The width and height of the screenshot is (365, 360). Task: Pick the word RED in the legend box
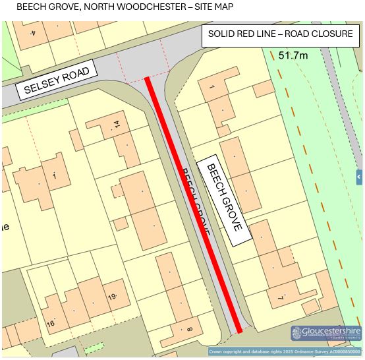(x=250, y=34)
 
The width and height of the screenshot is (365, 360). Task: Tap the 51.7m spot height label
(x=293, y=55)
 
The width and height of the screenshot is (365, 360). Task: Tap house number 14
(x=117, y=123)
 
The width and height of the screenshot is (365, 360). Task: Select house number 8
(x=190, y=329)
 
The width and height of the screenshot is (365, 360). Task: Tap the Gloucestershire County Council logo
(x=326, y=333)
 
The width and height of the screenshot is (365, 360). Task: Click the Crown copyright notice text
(x=285, y=352)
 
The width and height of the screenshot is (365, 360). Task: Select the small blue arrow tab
(x=359, y=177)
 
